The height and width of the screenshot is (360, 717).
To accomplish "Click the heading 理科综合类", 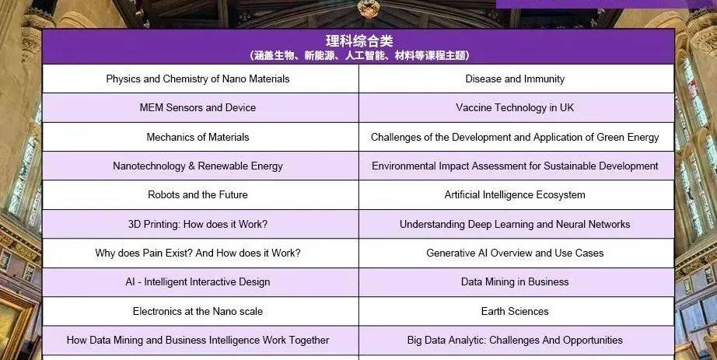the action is click(359, 41).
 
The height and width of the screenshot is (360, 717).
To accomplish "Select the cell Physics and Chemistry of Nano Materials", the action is click(198, 79).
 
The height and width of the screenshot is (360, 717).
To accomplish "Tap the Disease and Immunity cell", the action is click(515, 79).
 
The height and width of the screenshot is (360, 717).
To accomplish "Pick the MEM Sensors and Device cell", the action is click(198, 107).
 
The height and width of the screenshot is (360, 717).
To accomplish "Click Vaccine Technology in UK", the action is click(515, 107).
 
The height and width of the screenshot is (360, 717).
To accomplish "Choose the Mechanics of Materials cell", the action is click(198, 137).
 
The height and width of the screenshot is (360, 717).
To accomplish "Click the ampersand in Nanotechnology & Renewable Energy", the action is click(191, 166).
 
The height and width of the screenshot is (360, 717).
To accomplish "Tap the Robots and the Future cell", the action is click(198, 195).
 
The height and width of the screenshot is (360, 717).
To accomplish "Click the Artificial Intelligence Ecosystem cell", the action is click(515, 195).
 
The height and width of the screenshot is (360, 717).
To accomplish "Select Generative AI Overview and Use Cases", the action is click(515, 253).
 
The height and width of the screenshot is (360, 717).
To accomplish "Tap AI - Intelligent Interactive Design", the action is click(198, 281).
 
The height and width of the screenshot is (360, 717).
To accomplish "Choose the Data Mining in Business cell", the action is click(515, 281).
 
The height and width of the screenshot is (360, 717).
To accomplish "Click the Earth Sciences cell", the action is click(515, 311).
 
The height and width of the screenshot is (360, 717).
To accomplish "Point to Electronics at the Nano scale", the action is click(198, 311).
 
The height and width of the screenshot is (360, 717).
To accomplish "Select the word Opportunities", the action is click(593, 341).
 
